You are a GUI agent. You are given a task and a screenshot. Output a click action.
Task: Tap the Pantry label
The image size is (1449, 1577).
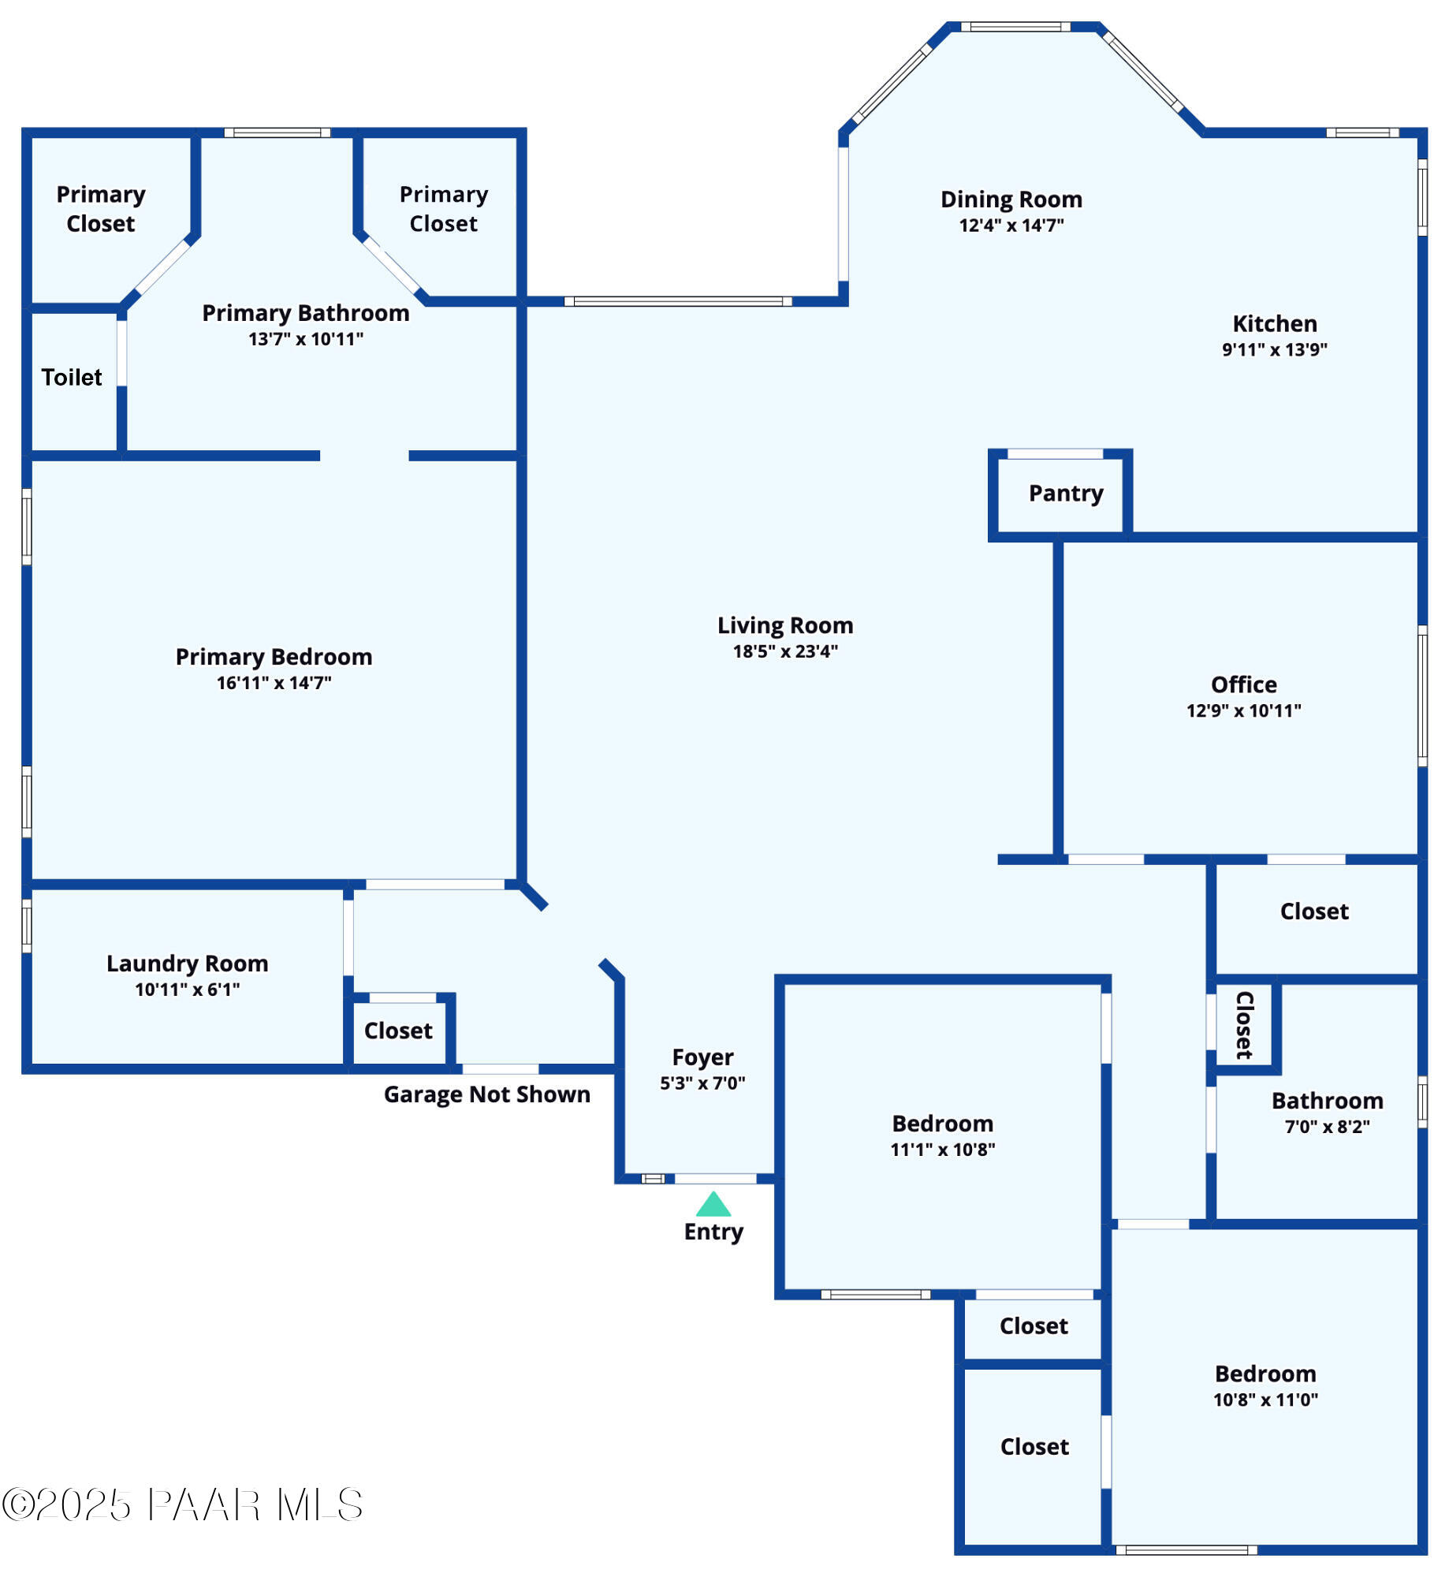(1065, 494)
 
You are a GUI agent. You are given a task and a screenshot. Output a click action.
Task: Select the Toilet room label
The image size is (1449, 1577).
(72, 378)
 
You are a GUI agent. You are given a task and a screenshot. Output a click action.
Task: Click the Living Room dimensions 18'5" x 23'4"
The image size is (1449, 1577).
(784, 651)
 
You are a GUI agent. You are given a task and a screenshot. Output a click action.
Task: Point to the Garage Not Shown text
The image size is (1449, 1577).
(486, 1094)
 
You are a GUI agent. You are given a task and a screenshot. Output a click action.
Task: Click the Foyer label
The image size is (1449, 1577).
(702, 1057)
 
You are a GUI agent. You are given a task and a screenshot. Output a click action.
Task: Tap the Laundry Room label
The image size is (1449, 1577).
(187, 964)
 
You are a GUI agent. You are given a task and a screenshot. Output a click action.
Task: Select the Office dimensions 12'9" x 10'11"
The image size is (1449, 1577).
(1243, 710)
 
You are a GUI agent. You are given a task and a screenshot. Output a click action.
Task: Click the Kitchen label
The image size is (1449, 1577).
(1274, 324)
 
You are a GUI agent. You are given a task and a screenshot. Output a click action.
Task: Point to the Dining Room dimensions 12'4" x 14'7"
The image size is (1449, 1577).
(1011, 226)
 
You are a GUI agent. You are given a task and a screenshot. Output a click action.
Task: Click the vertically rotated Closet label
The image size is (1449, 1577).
(1244, 1025)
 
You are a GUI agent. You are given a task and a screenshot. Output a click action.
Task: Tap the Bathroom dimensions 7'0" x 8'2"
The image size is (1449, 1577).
(1327, 1127)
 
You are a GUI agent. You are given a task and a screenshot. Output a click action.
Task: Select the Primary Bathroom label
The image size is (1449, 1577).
(305, 314)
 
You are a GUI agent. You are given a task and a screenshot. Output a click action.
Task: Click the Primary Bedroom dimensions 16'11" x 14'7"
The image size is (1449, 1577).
(274, 683)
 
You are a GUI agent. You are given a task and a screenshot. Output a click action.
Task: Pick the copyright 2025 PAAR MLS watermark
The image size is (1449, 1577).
(182, 1504)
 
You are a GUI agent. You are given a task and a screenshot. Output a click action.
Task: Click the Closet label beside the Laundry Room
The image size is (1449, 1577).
(398, 1031)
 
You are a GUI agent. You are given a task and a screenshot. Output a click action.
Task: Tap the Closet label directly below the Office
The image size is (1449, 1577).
(1313, 912)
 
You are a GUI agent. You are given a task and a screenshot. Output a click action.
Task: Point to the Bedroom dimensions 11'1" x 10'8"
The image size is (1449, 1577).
(942, 1150)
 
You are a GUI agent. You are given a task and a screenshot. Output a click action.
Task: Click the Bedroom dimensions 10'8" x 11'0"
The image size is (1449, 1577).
(1265, 1400)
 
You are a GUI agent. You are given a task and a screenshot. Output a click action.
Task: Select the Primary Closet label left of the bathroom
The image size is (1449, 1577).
(101, 209)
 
